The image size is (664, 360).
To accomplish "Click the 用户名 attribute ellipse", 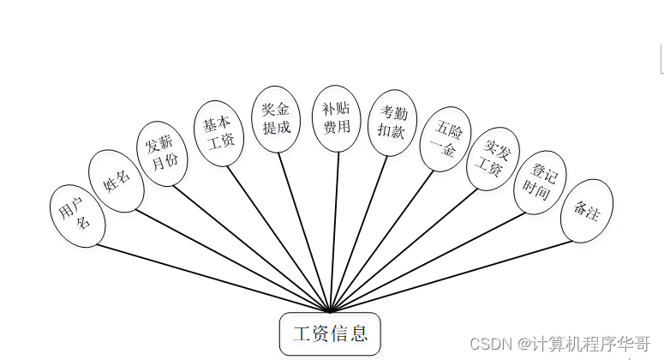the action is click(77, 215).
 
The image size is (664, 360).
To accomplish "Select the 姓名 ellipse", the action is click(116, 182).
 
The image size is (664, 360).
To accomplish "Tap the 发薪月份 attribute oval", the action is click(161, 152).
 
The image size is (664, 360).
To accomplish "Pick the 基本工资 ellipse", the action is click(218, 131).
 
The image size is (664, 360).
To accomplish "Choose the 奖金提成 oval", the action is click(277, 119).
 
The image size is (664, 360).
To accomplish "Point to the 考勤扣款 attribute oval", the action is click(392, 123).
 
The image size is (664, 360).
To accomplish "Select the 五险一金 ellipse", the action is click(446, 139).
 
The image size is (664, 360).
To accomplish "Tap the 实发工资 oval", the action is click(493, 159).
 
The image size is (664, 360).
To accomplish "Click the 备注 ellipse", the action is click(587, 211).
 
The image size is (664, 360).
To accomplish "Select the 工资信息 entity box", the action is click(330, 333).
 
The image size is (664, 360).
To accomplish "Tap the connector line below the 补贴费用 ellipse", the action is click(333, 231).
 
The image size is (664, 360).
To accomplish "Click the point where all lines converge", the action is click(330, 311).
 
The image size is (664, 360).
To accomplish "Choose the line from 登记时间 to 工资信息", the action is click(428, 261).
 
